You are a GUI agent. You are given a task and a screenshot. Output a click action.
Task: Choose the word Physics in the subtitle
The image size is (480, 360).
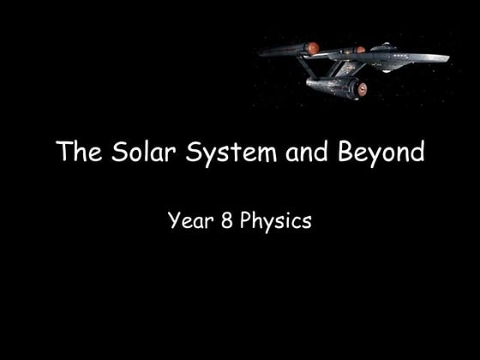coord(275,220)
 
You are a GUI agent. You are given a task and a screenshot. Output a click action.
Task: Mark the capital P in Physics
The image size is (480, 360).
coord(245,220)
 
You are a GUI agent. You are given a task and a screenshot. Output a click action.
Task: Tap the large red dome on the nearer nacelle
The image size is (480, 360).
coord(313,47)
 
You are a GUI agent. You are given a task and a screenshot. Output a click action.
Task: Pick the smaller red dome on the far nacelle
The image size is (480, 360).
coord(361,49)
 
